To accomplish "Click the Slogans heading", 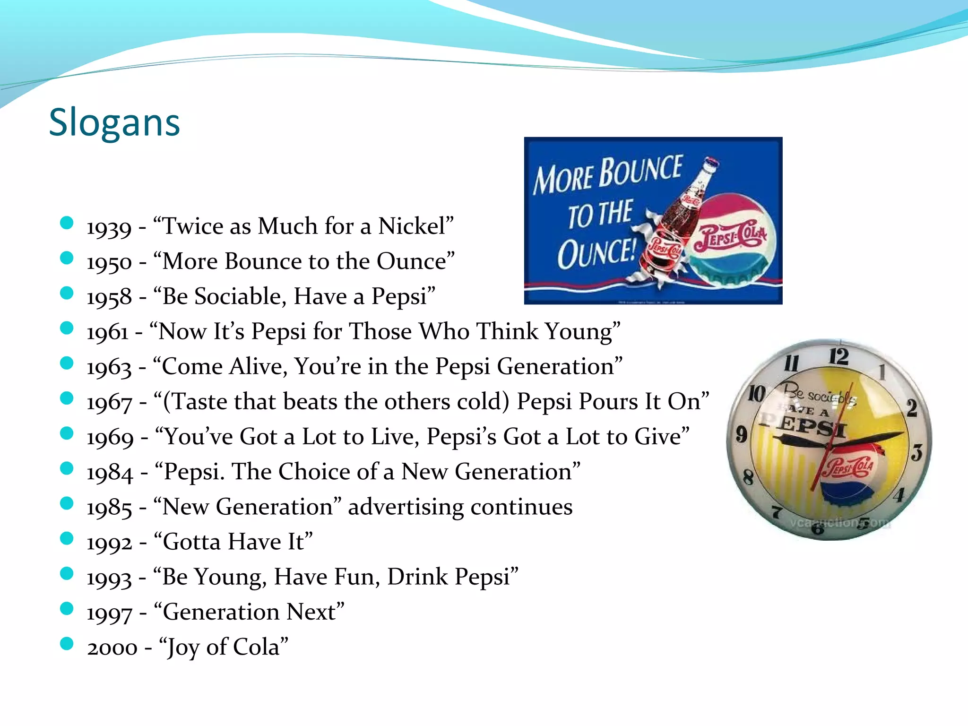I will [x=114, y=122].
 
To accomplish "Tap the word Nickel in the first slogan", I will [x=412, y=226].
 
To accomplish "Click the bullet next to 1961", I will [x=67, y=328].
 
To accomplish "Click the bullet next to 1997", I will [x=67, y=608].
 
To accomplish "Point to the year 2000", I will [x=112, y=648].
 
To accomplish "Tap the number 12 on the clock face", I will [x=838, y=356].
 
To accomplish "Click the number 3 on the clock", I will [x=916, y=452].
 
